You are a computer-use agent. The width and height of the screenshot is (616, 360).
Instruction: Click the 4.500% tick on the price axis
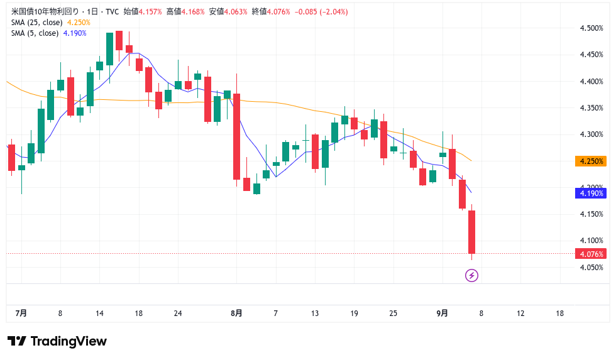pos(591,28)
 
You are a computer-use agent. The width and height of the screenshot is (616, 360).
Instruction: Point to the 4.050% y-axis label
pos(591,267)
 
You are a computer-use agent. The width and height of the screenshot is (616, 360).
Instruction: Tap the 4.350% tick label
pos(591,108)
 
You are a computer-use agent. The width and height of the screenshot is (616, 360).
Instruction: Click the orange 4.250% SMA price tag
pos(591,161)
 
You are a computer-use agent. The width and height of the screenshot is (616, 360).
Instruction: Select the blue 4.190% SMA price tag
pos(591,194)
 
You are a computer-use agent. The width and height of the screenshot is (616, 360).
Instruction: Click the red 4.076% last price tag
pos(591,254)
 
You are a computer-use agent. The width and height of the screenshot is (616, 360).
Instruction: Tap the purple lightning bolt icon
pos(471,275)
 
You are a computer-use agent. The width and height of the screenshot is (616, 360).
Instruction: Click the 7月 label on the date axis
pos(21,314)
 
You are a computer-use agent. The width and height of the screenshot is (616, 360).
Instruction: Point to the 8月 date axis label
pos(236,314)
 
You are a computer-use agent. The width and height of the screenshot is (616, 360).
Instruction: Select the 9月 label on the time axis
pos(443,314)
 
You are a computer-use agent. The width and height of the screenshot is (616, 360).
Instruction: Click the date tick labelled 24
pos(178,314)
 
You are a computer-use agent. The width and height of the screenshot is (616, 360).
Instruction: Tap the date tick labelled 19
pos(354,314)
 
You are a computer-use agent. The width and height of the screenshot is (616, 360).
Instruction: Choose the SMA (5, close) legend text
pos(35,33)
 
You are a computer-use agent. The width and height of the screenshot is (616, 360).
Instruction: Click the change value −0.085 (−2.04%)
pos(321,12)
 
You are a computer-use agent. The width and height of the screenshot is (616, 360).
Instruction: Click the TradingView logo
pos(57,341)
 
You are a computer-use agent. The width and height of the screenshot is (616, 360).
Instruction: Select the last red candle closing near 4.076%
pos(471,232)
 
